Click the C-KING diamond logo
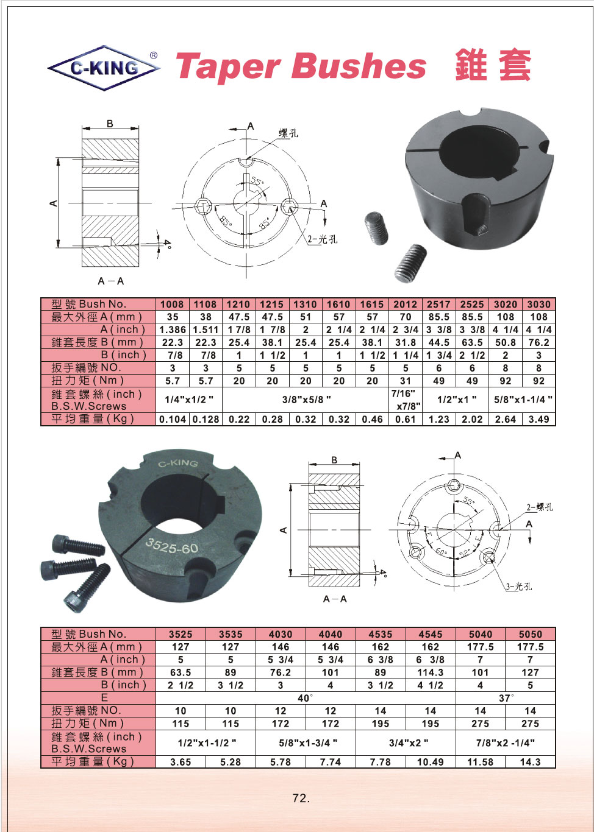[x=104, y=68]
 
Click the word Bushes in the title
[x=359, y=66]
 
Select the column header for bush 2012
[x=406, y=304]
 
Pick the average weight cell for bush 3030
[x=539, y=419]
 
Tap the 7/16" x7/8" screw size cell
[x=406, y=400]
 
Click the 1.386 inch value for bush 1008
[x=173, y=330]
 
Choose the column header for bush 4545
[x=431, y=634]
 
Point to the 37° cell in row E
[x=506, y=698]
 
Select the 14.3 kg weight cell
[x=531, y=762]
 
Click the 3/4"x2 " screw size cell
[x=406, y=743]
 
